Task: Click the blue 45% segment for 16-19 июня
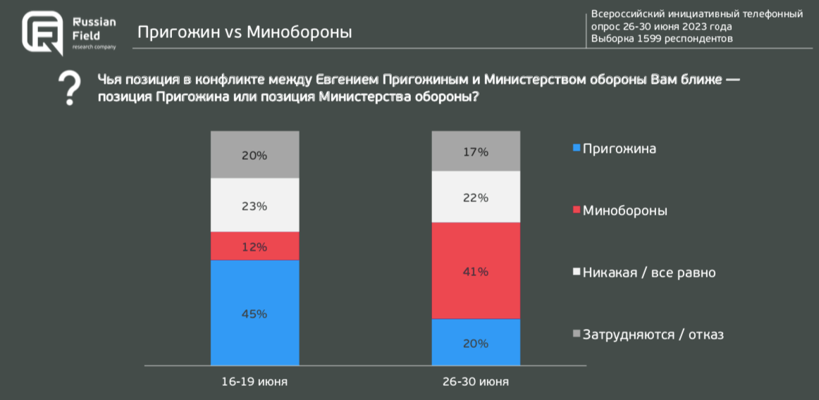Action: coord(254,313)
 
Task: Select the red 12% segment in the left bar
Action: coord(254,246)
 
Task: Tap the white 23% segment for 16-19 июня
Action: coord(254,206)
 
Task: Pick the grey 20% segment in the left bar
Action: coord(254,155)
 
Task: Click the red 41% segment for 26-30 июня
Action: coord(476,271)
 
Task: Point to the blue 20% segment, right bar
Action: coord(476,343)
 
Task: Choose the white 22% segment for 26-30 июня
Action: coord(476,197)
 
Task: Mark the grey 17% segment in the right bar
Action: coord(476,151)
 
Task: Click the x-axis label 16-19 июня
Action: coord(254,382)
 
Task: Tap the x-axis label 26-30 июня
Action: coord(476,382)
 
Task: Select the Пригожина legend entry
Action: coord(615,149)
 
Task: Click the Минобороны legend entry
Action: coord(620,211)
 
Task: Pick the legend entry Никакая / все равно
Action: coord(644,273)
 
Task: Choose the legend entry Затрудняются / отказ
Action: coord(648,335)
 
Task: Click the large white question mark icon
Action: coord(68,88)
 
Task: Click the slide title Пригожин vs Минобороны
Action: coord(245,32)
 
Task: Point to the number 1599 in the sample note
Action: coord(651,39)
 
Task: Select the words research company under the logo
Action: coord(94,46)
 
